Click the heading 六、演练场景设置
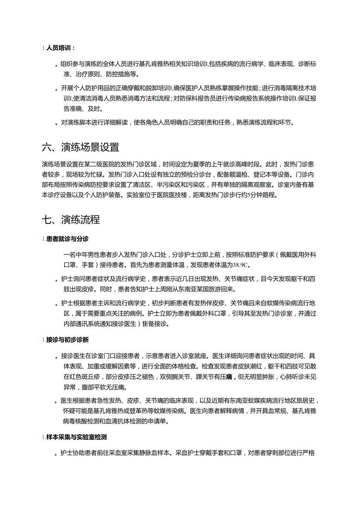tap(80, 147)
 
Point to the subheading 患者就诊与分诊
tap(67, 239)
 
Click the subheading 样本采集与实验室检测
tap(76, 437)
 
